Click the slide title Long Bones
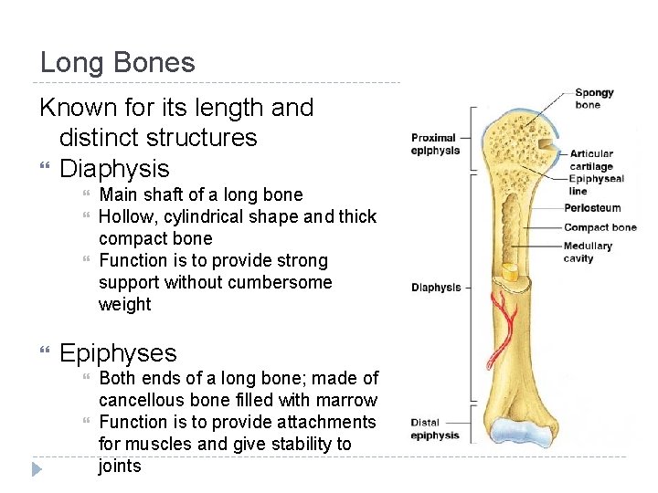click(117, 63)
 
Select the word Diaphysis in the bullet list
click(114, 169)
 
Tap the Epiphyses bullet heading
click(118, 353)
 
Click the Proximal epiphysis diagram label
click(435, 144)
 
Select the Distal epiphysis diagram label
click(435, 429)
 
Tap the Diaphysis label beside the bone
click(436, 288)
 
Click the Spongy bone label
click(593, 99)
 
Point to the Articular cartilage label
click(590, 161)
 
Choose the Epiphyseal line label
click(597, 185)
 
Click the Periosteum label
click(592, 208)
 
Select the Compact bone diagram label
click(600, 227)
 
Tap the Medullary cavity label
click(588, 252)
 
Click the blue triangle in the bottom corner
click(36, 470)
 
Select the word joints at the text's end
click(120, 467)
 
